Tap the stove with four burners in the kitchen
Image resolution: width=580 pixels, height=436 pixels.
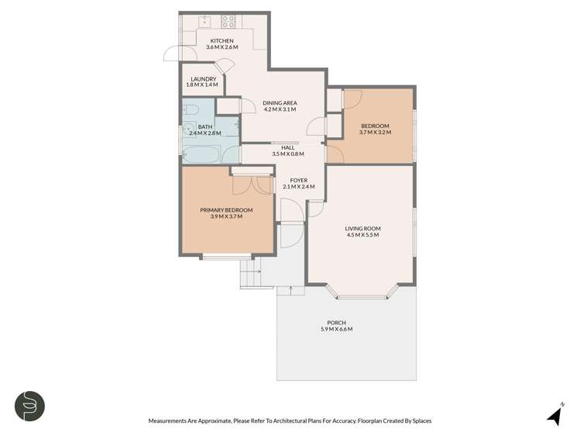pyautogui.click(x=228, y=22)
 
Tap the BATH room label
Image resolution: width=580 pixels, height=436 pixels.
pyautogui.click(x=205, y=126)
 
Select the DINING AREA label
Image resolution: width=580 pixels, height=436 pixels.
pyautogui.click(x=280, y=102)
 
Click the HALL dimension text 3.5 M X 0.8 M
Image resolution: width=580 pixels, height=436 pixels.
pyautogui.click(x=288, y=154)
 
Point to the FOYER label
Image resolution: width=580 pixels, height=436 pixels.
pyautogui.click(x=288, y=180)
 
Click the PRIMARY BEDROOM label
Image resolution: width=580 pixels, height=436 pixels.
pyautogui.click(x=226, y=209)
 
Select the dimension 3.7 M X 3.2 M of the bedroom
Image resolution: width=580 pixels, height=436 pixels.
pyautogui.click(x=375, y=133)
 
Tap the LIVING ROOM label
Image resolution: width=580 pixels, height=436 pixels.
pyautogui.click(x=362, y=228)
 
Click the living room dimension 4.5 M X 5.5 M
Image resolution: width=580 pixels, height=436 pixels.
pyautogui.click(x=362, y=235)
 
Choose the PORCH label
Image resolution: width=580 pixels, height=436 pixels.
pyautogui.click(x=336, y=323)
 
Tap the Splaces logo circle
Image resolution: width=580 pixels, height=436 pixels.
pyautogui.click(x=29, y=406)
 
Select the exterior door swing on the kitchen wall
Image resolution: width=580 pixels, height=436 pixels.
pyautogui.click(x=175, y=54)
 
